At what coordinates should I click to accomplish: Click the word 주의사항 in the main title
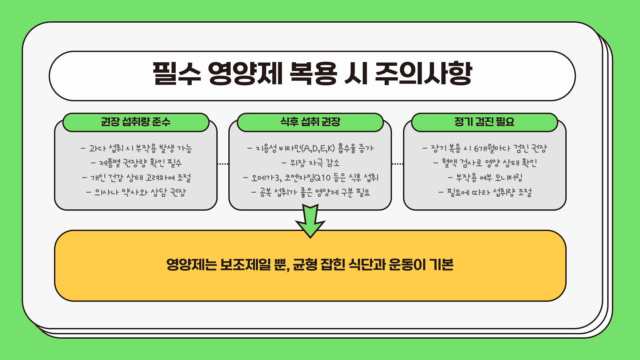coord(423,74)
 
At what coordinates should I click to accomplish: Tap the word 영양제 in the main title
coord(245,74)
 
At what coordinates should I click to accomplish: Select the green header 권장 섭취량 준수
coord(136,122)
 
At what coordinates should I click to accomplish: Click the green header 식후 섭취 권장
coord(310,122)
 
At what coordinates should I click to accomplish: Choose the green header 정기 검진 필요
coord(484,122)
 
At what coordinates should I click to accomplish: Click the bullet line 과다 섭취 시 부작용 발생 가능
coord(136,148)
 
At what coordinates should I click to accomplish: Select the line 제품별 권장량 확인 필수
coord(136,163)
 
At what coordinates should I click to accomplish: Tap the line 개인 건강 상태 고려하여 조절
coord(136,178)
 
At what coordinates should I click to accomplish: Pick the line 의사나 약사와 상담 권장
coord(136,192)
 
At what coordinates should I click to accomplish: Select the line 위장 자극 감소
coord(310,163)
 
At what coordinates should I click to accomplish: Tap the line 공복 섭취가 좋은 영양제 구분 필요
coord(310,192)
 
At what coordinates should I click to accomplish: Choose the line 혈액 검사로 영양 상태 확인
coord(485,163)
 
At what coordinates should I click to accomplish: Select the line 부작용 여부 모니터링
coord(485,178)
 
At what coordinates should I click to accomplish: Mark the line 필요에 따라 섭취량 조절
coord(485,192)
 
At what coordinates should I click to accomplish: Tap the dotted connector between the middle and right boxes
coord(397,164)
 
